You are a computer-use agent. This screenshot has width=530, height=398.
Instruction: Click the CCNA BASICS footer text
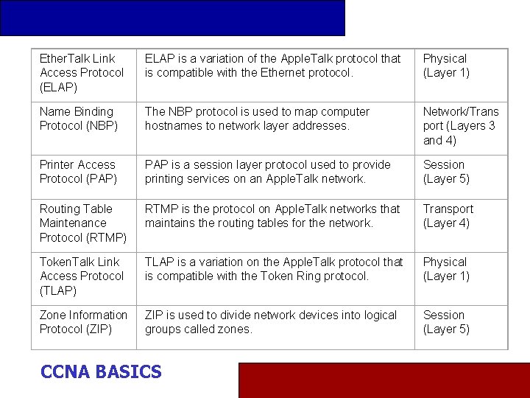point(101,372)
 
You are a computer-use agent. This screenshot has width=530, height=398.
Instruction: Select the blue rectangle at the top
point(172,18)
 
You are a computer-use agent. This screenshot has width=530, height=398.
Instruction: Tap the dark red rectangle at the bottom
point(384,380)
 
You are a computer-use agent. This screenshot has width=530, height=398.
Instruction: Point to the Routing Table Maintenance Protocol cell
point(82,223)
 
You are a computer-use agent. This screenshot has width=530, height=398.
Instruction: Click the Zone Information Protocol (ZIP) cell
point(83,322)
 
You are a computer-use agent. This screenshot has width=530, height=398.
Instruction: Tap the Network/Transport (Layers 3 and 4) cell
point(460,126)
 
